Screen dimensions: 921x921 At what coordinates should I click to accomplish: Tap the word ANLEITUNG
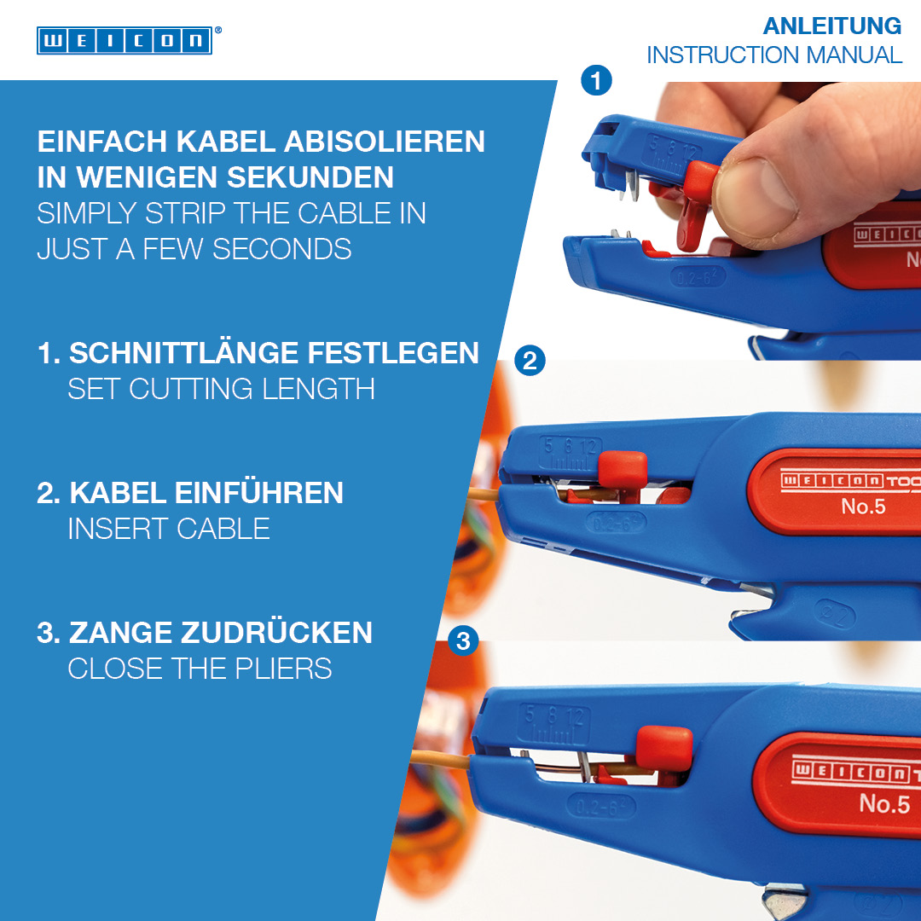point(831,26)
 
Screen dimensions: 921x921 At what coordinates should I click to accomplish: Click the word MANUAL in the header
point(854,55)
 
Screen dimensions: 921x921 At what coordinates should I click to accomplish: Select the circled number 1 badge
point(596,80)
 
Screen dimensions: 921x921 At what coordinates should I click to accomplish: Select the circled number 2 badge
point(530,360)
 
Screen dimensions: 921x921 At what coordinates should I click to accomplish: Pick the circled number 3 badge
point(463,640)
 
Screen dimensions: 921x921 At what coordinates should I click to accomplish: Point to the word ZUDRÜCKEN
point(276,633)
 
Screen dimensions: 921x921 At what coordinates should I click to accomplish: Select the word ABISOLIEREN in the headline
point(385,142)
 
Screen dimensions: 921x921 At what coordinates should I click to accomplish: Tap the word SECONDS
point(282,249)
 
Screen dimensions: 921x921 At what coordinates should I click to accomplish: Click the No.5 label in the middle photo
point(863,507)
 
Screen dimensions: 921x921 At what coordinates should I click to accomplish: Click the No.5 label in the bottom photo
point(884,803)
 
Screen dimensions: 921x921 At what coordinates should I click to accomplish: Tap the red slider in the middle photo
point(622,471)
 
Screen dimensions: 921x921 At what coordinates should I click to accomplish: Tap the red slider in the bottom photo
point(664,748)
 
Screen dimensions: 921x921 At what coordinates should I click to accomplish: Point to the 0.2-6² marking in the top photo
point(698,276)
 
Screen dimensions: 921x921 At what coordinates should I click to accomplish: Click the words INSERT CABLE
point(169,529)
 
